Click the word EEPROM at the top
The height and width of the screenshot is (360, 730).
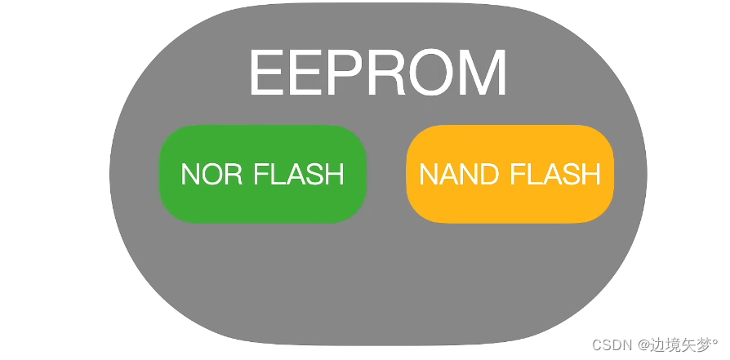coord(377,73)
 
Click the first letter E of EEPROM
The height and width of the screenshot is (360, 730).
coord(265,73)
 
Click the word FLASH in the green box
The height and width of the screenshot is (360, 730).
coord(299,174)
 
